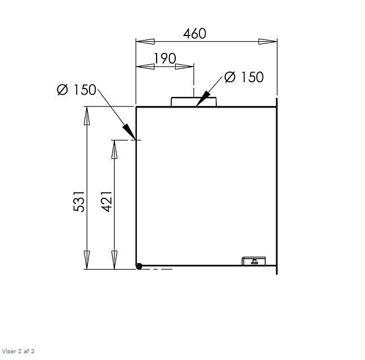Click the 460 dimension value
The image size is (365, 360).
coord(195,33)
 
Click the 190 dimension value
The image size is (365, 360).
coord(164,59)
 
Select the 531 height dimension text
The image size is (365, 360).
coord(79,202)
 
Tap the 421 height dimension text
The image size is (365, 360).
coord(107,202)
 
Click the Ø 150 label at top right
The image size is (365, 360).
coord(244,77)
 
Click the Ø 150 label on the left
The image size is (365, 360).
coord(77,90)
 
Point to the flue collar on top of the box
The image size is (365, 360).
coord(193,101)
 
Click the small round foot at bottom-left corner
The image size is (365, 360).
coord(139,266)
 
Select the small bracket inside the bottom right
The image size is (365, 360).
coord(254,260)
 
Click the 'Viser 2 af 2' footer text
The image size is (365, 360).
coord(19,351)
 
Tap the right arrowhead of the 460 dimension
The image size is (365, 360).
coord(268,41)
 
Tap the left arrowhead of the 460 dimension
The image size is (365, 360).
coord(145,41)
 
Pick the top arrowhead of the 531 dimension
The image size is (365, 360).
coord(87,115)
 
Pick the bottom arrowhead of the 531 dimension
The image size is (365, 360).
coord(87,260)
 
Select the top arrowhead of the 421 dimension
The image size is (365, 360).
coord(114,149)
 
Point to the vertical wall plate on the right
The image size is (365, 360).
coord(277,186)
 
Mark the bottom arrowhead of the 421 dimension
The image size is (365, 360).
coord(114,260)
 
